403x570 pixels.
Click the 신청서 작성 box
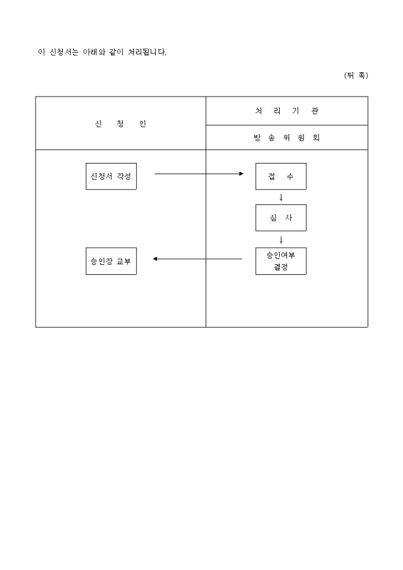click(x=111, y=177)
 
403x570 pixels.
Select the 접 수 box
click(x=281, y=177)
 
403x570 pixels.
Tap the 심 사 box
click(x=281, y=217)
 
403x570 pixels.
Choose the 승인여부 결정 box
click(x=281, y=261)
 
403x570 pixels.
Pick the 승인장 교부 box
click(x=111, y=261)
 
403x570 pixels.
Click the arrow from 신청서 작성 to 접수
click(x=199, y=174)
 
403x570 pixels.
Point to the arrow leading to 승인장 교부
click(x=197, y=259)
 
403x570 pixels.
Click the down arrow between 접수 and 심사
click(x=281, y=197)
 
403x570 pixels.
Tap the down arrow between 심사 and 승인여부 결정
click(x=281, y=240)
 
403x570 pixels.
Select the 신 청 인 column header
click(x=120, y=124)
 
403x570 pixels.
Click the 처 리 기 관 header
click(x=287, y=111)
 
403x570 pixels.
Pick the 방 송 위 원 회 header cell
click(x=287, y=138)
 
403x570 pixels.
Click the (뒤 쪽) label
click(x=356, y=75)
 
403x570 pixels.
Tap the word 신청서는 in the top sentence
click(x=63, y=52)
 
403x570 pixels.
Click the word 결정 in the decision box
click(x=281, y=267)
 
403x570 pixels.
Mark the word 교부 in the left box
click(x=124, y=261)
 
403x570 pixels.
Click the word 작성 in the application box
click(x=124, y=177)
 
